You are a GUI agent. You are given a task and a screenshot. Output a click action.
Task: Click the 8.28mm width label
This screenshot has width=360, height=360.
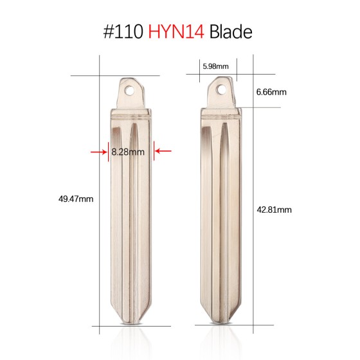[127, 152]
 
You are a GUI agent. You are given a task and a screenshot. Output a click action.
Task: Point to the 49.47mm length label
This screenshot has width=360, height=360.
[76, 199]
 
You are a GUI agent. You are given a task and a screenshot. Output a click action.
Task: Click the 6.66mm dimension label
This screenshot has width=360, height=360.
[271, 92]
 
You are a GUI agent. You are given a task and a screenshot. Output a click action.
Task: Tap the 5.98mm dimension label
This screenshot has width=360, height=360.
[215, 66]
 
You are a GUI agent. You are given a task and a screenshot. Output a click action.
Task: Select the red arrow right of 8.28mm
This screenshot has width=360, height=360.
[164, 152]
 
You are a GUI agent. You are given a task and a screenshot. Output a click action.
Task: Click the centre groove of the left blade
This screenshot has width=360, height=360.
[131, 212]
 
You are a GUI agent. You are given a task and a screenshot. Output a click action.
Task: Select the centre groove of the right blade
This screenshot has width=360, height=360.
[222, 212]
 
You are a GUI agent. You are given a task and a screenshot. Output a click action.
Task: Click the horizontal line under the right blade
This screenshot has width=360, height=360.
[222, 325]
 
